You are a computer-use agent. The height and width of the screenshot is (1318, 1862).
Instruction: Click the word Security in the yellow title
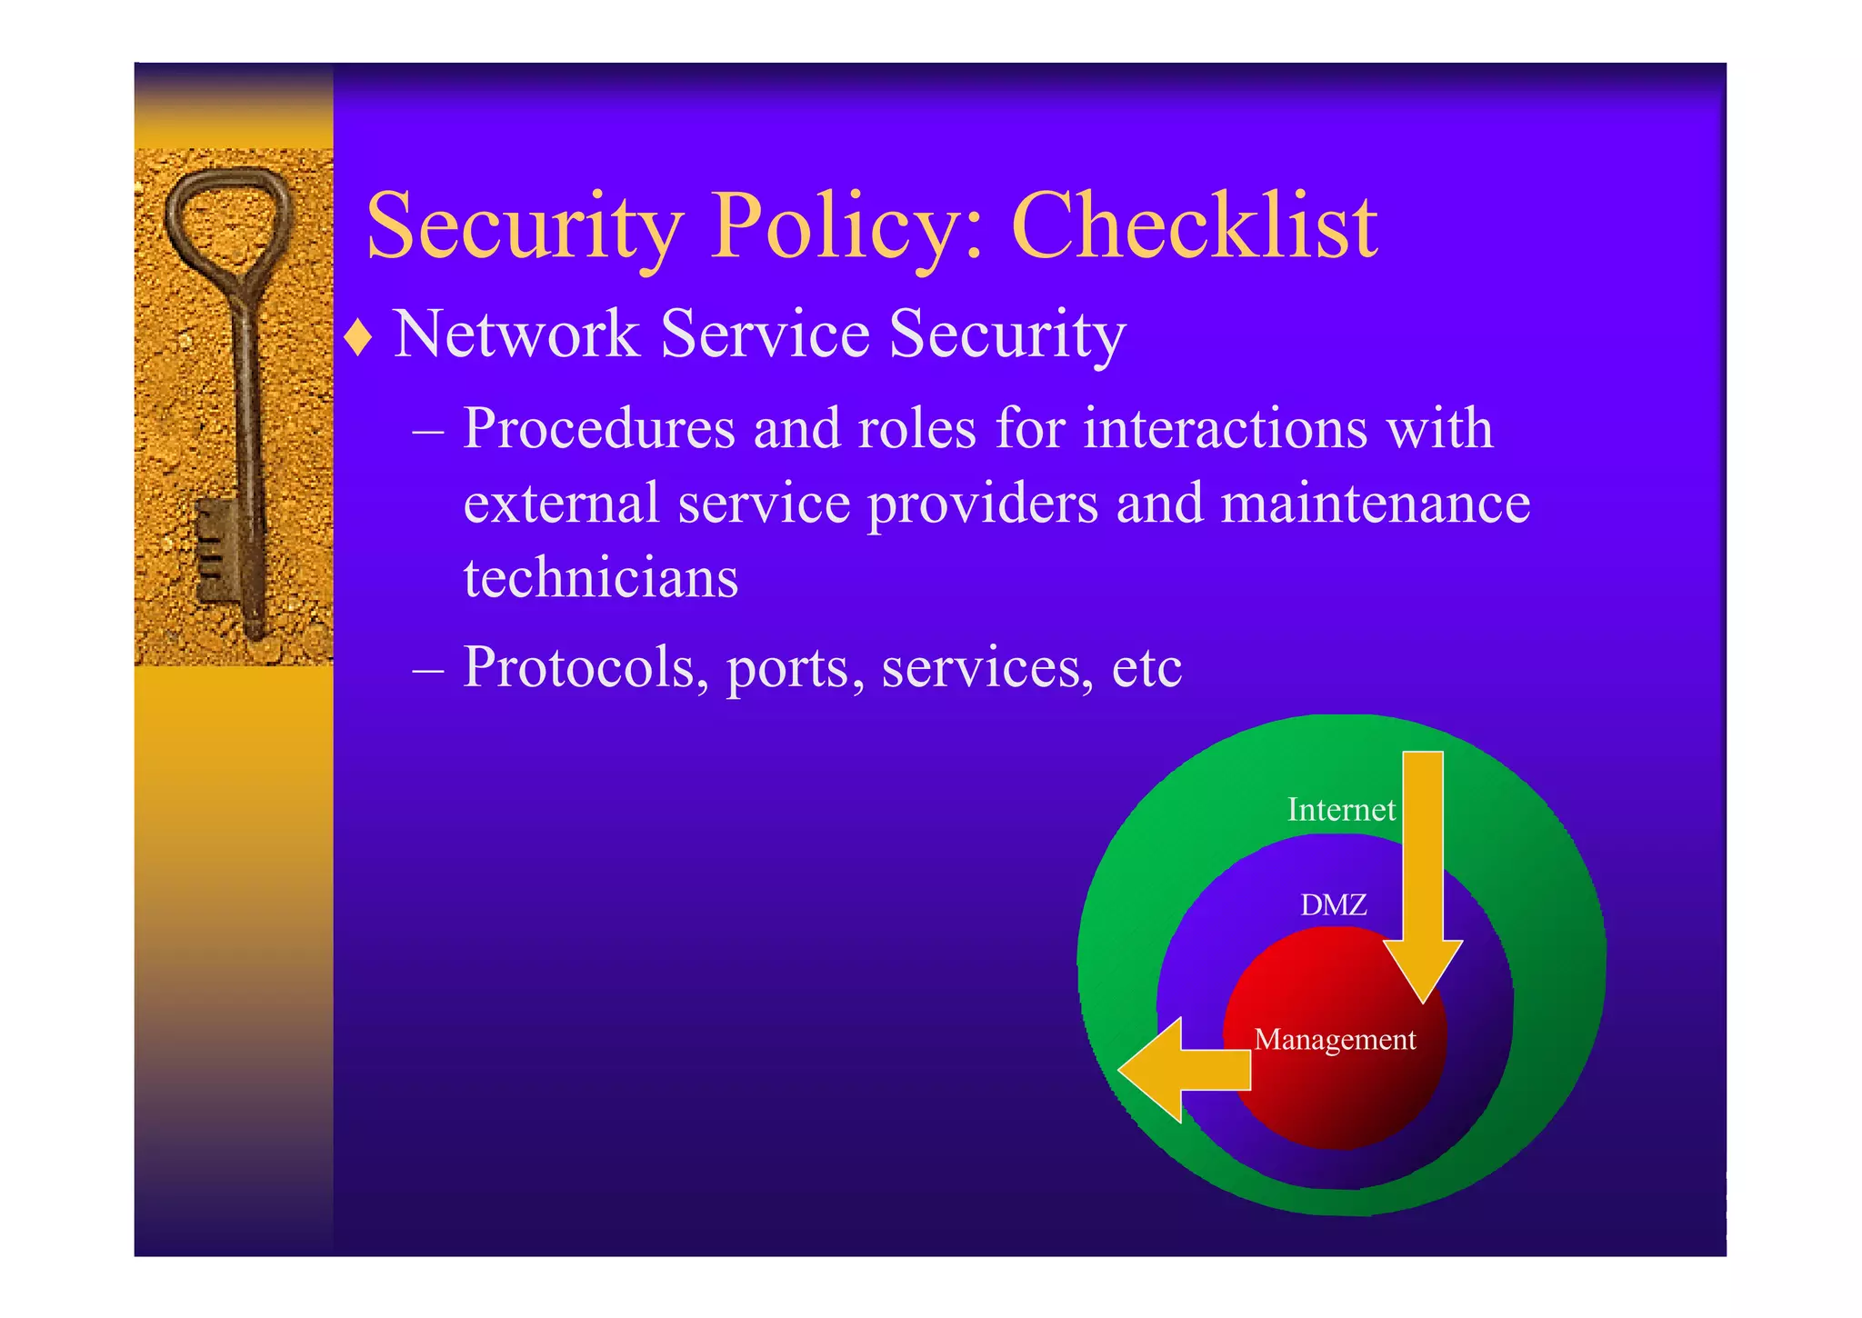point(525,227)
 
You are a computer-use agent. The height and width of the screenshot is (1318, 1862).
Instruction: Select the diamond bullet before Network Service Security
point(359,338)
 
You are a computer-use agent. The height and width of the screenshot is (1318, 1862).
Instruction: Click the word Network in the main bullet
point(516,334)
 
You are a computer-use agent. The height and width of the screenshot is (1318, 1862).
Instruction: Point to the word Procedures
point(598,428)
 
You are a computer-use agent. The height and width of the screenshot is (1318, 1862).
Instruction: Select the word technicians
point(600,578)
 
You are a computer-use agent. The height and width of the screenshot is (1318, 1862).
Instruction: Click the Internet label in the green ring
point(1340,809)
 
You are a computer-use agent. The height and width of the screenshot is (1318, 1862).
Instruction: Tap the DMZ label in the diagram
point(1333,904)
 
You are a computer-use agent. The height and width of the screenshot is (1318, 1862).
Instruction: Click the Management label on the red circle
point(1334,1039)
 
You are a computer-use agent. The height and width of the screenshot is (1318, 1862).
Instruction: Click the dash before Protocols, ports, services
point(427,670)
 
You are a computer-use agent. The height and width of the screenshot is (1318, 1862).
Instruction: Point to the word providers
point(982,504)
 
